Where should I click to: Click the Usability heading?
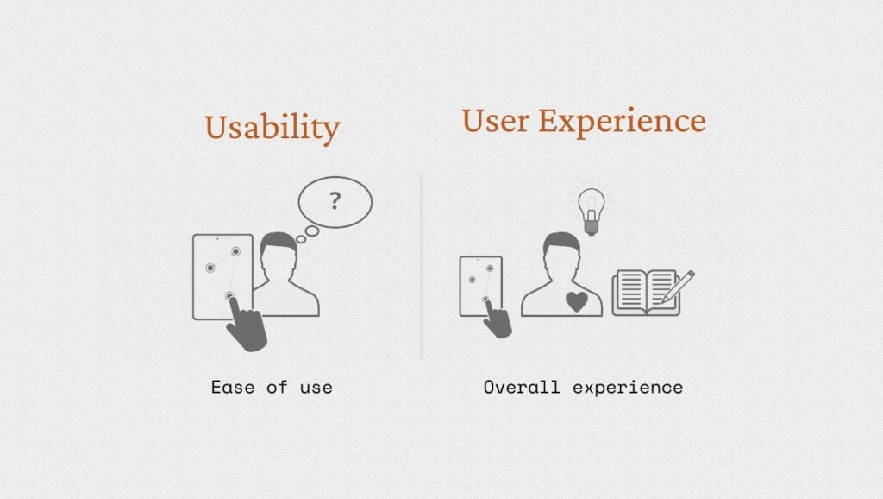272,129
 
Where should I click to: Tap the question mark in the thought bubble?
335,201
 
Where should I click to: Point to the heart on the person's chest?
577,301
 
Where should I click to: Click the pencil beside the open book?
678,287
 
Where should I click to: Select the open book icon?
647,292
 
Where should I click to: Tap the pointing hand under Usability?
245,325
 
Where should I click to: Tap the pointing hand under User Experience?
498,319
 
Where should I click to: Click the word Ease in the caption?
233,388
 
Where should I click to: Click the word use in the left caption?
316,388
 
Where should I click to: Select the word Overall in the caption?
522,388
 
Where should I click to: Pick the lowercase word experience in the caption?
628,388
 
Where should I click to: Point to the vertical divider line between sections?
421,265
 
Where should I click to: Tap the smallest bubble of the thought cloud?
301,240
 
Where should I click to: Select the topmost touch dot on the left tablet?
236,251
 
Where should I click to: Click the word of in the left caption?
277,388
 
